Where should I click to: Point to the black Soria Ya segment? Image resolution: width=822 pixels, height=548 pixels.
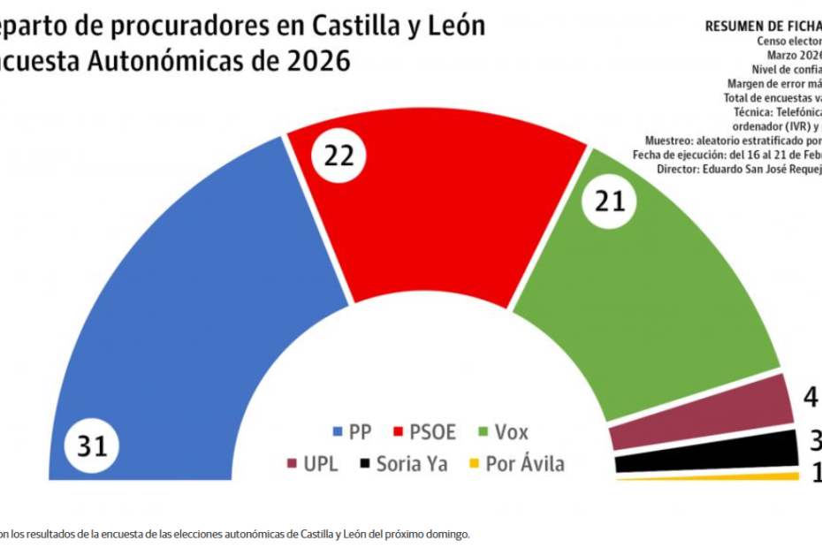pyautogui.click(x=707, y=451)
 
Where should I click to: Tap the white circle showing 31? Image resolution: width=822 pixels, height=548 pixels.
pyautogui.click(x=92, y=447)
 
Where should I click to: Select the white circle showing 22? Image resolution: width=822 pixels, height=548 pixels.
pyautogui.click(x=339, y=156)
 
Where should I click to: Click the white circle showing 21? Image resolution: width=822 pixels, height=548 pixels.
pyautogui.click(x=610, y=202)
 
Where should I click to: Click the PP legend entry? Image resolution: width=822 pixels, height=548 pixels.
pyautogui.click(x=352, y=432)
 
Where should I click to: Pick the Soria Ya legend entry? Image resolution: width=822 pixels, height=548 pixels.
pyautogui.click(x=402, y=463)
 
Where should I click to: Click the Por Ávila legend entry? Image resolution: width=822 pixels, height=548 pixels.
pyautogui.click(x=515, y=463)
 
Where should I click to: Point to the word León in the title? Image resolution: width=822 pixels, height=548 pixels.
pyautogui.click(x=452, y=26)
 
